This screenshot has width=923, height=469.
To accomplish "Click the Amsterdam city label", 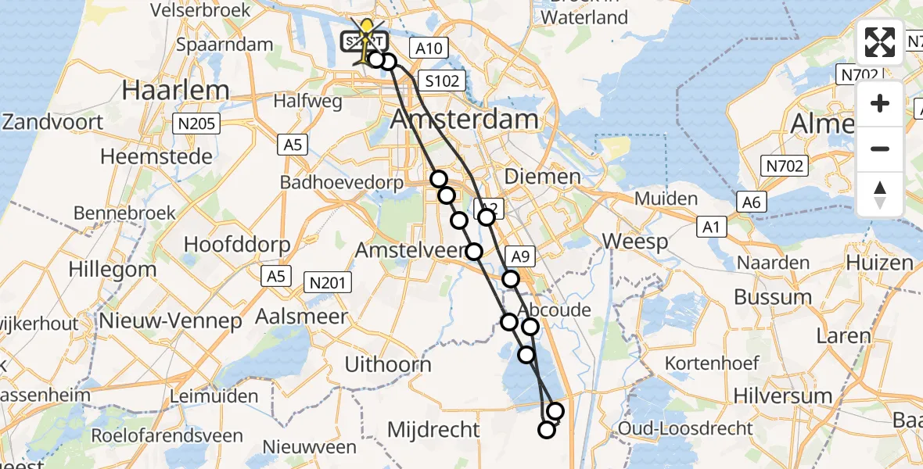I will (x=465, y=120).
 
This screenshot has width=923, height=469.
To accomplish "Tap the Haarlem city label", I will (x=175, y=91).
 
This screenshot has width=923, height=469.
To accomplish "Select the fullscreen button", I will (x=880, y=42).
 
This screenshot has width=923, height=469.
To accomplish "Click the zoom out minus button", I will (x=880, y=149).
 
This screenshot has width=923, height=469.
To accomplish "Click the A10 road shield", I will (x=429, y=48).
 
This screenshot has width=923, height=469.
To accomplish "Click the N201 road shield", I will (x=329, y=283).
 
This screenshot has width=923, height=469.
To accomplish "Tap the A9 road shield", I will (x=522, y=256).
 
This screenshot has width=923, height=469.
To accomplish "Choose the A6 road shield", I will (x=752, y=202).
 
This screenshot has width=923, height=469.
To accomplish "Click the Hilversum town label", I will (x=784, y=396).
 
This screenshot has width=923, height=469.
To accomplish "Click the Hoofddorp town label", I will (x=236, y=244).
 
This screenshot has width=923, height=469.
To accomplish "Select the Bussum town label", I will (x=773, y=297).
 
